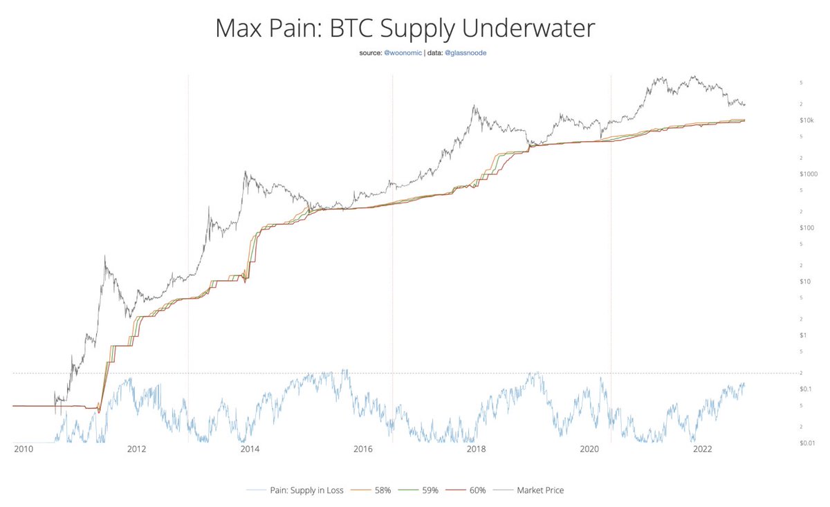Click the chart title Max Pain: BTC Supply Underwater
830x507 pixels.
[405, 29]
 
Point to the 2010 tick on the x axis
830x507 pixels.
[23, 450]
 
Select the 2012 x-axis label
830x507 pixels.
[136, 450]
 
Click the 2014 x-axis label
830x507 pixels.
[250, 450]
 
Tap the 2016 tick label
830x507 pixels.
[363, 450]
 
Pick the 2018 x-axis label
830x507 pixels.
[476, 450]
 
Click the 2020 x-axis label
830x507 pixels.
[589, 450]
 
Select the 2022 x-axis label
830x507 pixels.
[702, 450]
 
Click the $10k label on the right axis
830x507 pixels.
[806, 120]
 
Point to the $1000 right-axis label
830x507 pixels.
[808, 174]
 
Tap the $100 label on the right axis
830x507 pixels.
[806, 228]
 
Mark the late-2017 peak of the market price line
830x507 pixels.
[474, 106]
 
